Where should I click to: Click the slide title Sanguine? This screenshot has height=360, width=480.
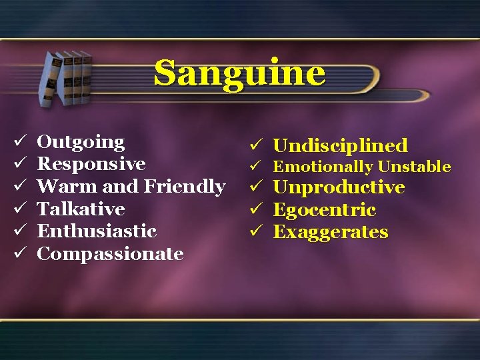[240, 73]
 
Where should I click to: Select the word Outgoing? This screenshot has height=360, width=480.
[81, 142]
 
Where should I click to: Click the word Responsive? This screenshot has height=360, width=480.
[91, 164]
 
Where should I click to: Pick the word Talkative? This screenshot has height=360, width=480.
[81, 209]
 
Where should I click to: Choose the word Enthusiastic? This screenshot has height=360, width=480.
[97, 231]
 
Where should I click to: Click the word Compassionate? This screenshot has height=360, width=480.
[110, 254]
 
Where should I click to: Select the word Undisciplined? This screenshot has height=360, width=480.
[340, 145]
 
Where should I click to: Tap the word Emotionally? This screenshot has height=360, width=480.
[323, 167]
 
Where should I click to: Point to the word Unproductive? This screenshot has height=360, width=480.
[339, 187]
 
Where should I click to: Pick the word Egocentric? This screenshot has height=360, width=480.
[325, 210]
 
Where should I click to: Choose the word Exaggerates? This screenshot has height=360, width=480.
[331, 232]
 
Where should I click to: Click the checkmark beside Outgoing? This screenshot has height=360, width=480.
[19, 142]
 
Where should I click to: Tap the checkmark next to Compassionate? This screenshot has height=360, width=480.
[19, 254]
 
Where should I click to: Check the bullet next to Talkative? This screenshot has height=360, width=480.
[19, 209]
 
